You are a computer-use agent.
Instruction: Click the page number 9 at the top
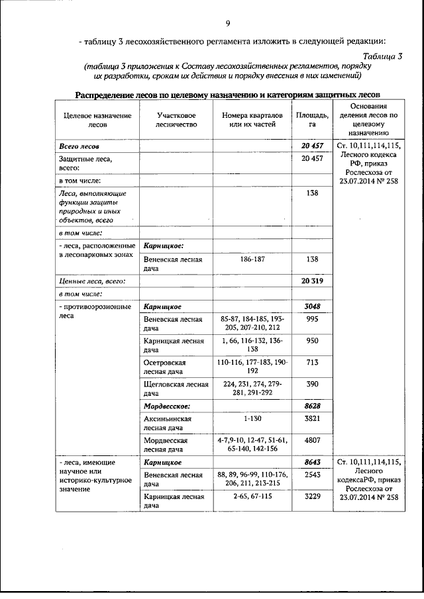coord(227,24)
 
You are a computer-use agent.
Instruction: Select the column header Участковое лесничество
coord(176,119)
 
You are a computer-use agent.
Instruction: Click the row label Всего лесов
coord(79,145)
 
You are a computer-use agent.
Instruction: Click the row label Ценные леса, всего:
coord(90,281)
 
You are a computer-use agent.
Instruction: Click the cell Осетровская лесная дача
coord(166,367)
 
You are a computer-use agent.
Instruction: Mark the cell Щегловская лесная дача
coord(176,389)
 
